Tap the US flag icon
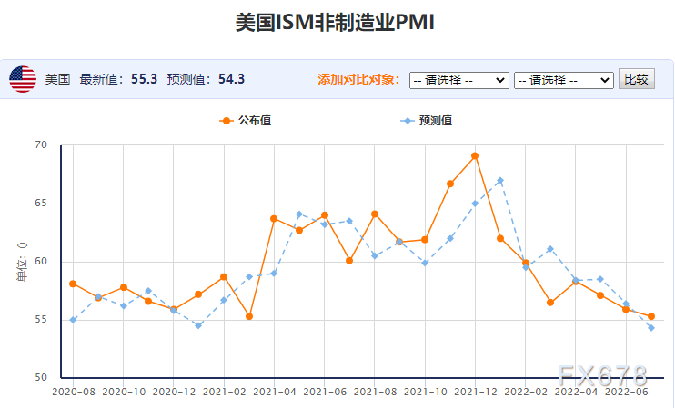23,79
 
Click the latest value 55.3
144,79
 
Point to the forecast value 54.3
231,79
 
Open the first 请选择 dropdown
458,80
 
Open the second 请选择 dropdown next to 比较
563,80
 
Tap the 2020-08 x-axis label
73,392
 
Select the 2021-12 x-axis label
475,392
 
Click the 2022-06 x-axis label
626,392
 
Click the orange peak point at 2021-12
475,156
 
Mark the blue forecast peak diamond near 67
500,180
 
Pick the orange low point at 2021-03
248,316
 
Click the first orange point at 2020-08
73,284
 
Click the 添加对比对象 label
358,80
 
